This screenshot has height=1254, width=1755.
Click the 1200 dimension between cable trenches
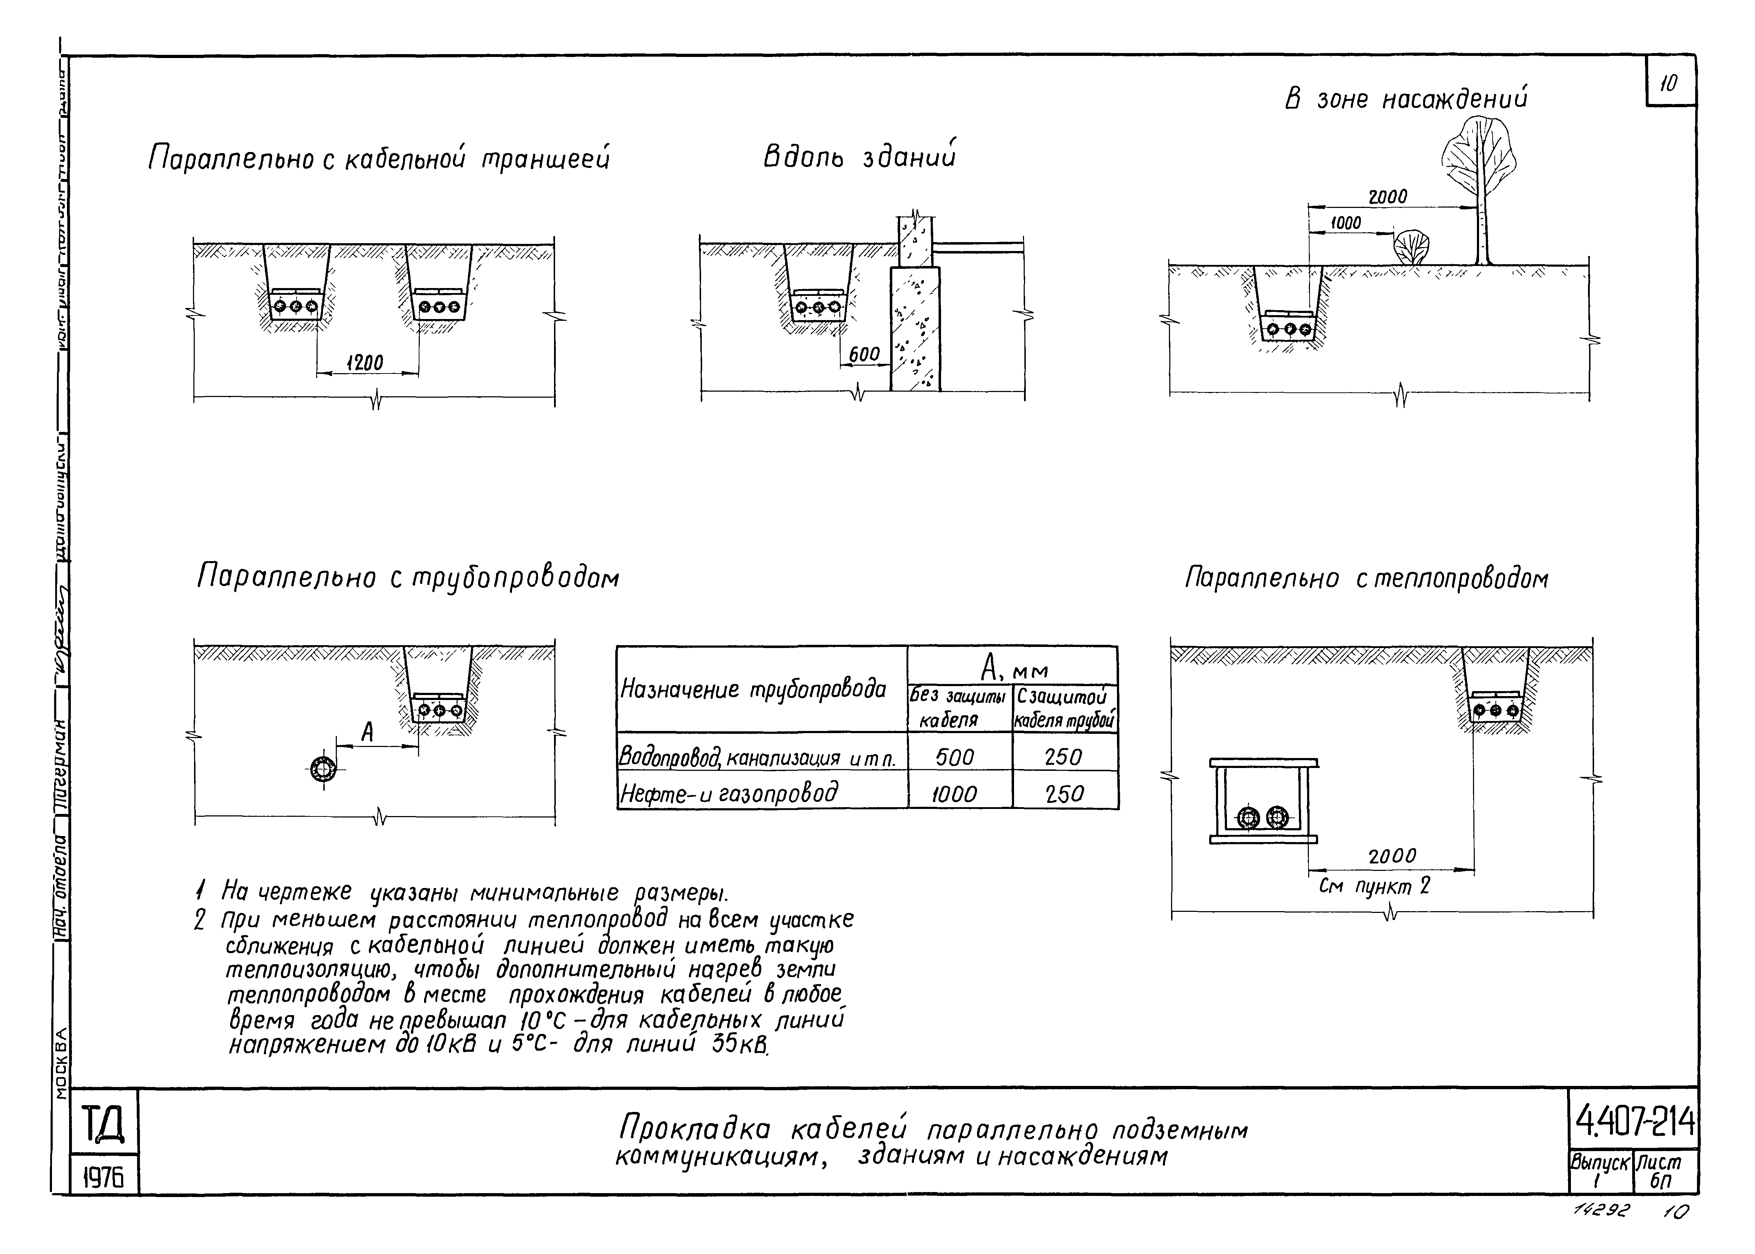(365, 363)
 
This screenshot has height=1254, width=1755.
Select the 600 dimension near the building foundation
(864, 354)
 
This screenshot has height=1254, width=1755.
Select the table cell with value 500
(955, 758)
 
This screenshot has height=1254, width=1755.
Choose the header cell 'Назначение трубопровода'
(753, 689)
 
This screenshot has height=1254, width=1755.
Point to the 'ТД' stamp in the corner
(103, 1123)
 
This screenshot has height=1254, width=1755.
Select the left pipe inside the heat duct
(1248, 818)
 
